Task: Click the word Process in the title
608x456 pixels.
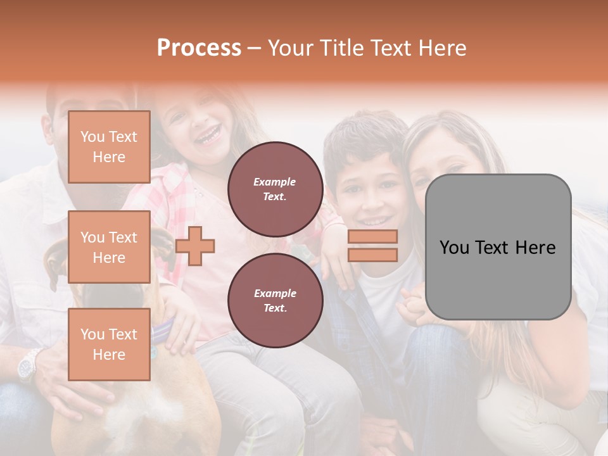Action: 199,48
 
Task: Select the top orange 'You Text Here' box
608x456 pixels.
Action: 109,147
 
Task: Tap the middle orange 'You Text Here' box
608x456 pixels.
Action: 109,247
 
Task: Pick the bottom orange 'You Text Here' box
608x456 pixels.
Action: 109,344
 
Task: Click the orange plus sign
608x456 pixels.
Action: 195,246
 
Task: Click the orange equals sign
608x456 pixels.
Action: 372,246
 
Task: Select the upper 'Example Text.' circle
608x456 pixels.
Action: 275,189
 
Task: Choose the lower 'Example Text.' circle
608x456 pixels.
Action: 275,300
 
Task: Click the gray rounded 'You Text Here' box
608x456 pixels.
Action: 498,247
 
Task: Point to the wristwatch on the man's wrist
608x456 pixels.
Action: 28,365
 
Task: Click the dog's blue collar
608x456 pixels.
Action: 161,331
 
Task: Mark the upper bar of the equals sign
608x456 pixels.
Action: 372,237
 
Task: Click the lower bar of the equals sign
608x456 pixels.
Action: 372,255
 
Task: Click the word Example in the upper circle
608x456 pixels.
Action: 275,182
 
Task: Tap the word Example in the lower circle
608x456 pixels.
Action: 275,293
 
